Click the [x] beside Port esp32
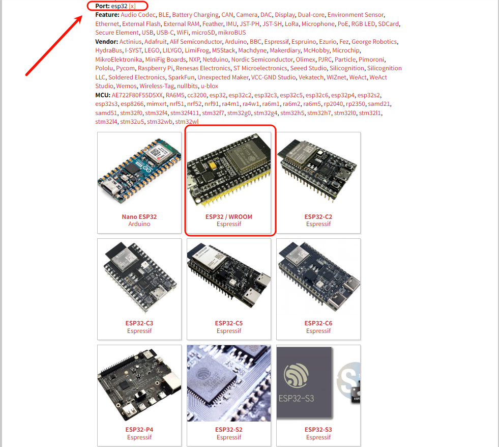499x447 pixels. [x=132, y=6]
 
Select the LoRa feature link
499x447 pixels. [x=291, y=24]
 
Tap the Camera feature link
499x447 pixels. [x=247, y=15]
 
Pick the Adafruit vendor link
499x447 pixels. [x=155, y=42]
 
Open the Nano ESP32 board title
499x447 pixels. [x=139, y=217]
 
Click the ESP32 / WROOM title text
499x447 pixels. [x=229, y=217]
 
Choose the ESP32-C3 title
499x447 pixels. [x=139, y=323]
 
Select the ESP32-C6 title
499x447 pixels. [x=318, y=323]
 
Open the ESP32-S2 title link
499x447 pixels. [x=229, y=430]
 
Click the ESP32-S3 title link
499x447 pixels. [x=318, y=430]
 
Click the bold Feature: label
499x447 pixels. [x=107, y=15]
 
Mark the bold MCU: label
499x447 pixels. [x=103, y=95]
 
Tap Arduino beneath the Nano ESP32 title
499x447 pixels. [x=139, y=224]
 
